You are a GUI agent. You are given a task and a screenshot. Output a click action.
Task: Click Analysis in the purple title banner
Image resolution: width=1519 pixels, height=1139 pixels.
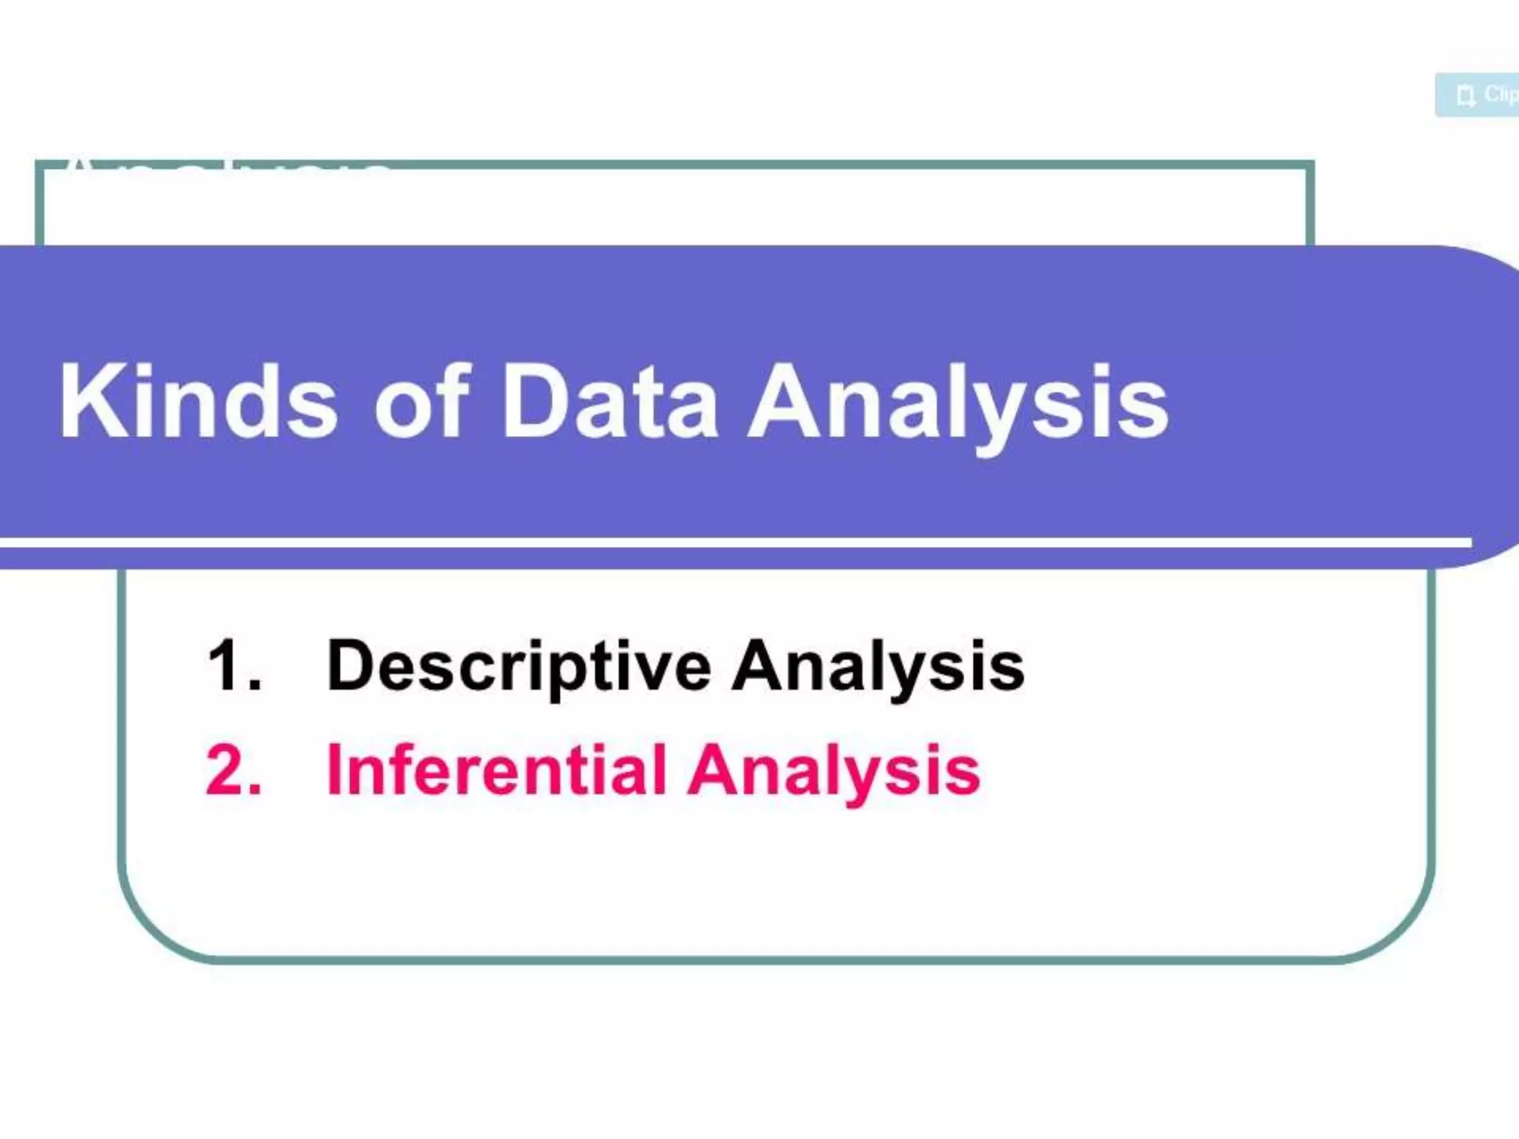tap(957, 406)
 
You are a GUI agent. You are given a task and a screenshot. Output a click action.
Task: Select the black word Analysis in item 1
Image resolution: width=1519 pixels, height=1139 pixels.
tap(877, 667)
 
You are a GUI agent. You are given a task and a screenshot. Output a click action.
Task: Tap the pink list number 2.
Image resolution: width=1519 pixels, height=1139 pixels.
tap(233, 770)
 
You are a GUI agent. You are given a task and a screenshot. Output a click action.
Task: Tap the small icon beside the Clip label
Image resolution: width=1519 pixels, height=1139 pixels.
tap(1465, 96)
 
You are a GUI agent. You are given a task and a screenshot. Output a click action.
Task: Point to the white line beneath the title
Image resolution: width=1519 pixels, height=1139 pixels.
tap(734, 544)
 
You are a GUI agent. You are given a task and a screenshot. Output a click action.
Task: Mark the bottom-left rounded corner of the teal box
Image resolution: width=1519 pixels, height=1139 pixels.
tap(148, 927)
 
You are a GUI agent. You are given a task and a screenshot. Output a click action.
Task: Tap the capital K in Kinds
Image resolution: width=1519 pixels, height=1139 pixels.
tap(88, 403)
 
